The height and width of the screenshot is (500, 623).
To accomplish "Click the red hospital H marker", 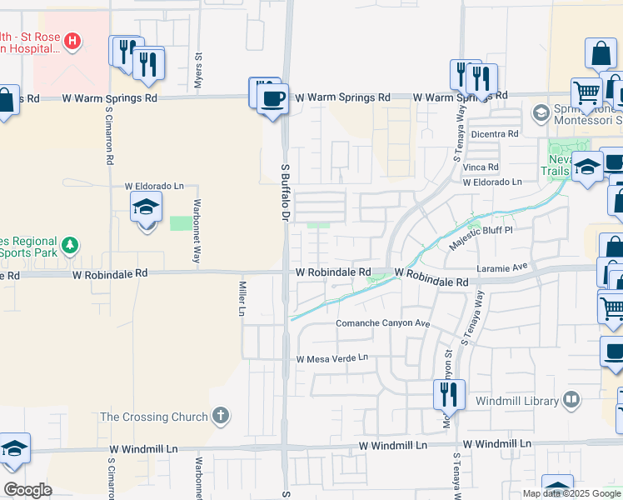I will click(x=72, y=39).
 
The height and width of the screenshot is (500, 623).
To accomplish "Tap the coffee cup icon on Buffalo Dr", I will click(x=272, y=100).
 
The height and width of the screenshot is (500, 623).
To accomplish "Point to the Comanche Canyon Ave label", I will click(x=382, y=323).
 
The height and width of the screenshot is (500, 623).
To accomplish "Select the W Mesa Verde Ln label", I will click(x=332, y=358).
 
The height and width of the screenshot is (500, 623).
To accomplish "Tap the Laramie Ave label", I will click(x=502, y=267).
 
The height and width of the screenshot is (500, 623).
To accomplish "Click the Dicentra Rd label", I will click(x=495, y=133).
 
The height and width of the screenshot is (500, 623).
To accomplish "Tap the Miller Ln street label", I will click(x=242, y=298).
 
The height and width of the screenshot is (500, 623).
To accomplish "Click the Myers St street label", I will click(x=199, y=66).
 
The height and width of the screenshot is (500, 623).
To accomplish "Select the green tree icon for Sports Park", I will click(x=72, y=245).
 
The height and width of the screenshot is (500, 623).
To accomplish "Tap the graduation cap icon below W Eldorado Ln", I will click(x=146, y=207).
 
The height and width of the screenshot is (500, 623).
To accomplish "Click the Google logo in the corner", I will click(x=27, y=490).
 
